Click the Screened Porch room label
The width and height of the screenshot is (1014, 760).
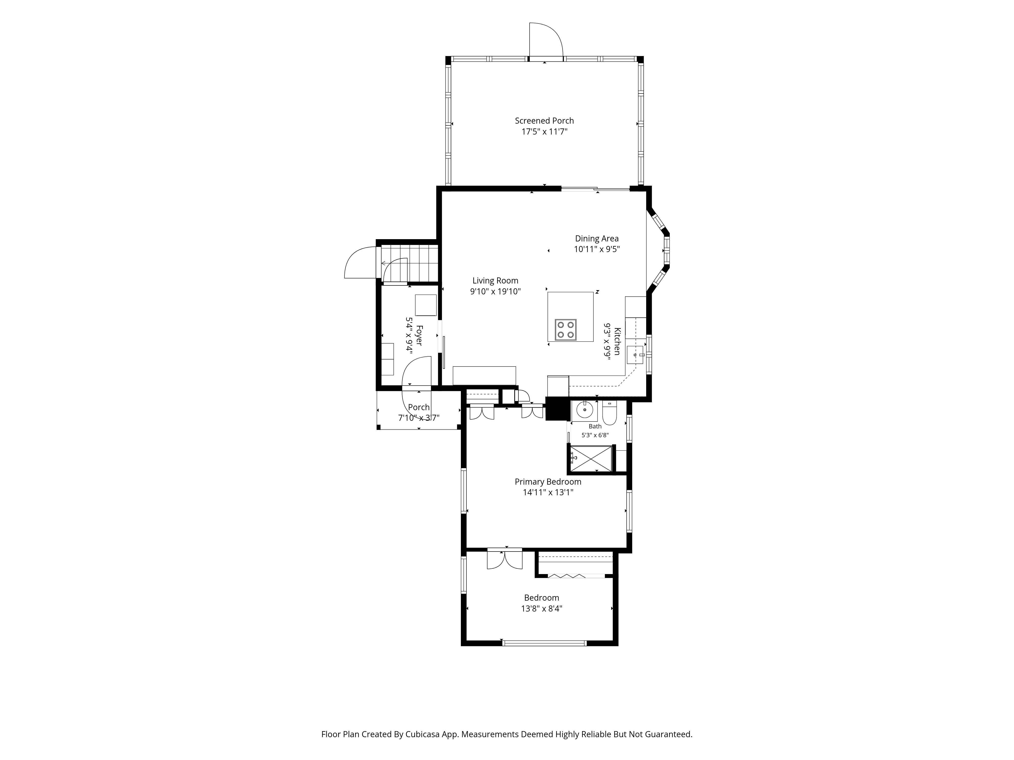pyautogui.click(x=544, y=121)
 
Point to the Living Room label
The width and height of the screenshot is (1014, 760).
pyautogui.click(x=496, y=280)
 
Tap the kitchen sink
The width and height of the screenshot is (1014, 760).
pyautogui.click(x=635, y=355)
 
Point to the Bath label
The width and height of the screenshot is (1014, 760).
pyautogui.click(x=595, y=427)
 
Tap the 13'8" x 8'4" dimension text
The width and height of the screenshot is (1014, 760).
pyautogui.click(x=541, y=609)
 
